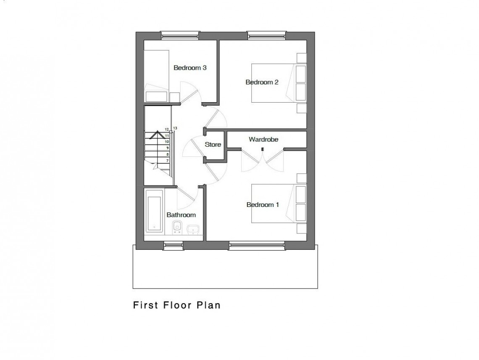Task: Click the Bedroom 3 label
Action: [190, 67]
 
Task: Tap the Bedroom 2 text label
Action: [262, 82]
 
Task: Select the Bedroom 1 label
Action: [263, 205]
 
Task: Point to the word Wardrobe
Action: [263, 139]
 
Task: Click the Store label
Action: [213, 145]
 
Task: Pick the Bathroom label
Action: [181, 215]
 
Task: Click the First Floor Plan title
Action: [177, 305]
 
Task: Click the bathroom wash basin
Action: [193, 229]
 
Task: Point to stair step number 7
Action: [167, 161]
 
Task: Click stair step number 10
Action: [167, 142]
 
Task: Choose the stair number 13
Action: [175, 128]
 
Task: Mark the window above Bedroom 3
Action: [180, 36]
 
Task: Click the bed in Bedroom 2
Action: [277, 83]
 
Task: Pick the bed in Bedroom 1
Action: [277, 204]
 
